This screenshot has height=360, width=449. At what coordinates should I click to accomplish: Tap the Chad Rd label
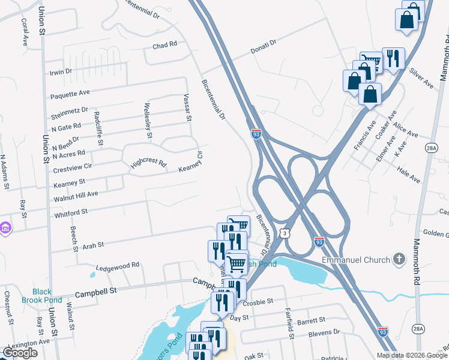164,45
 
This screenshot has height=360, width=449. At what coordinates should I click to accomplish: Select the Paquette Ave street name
70,92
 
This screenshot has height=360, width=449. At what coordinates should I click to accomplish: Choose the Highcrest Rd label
149,163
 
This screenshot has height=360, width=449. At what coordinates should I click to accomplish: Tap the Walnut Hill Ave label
76,194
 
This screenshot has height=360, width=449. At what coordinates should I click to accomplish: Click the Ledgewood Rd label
118,264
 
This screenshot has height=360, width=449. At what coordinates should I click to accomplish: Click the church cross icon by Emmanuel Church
399,260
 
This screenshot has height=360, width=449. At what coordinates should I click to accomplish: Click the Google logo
20,353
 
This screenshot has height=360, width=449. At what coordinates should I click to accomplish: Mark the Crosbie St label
259,302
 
